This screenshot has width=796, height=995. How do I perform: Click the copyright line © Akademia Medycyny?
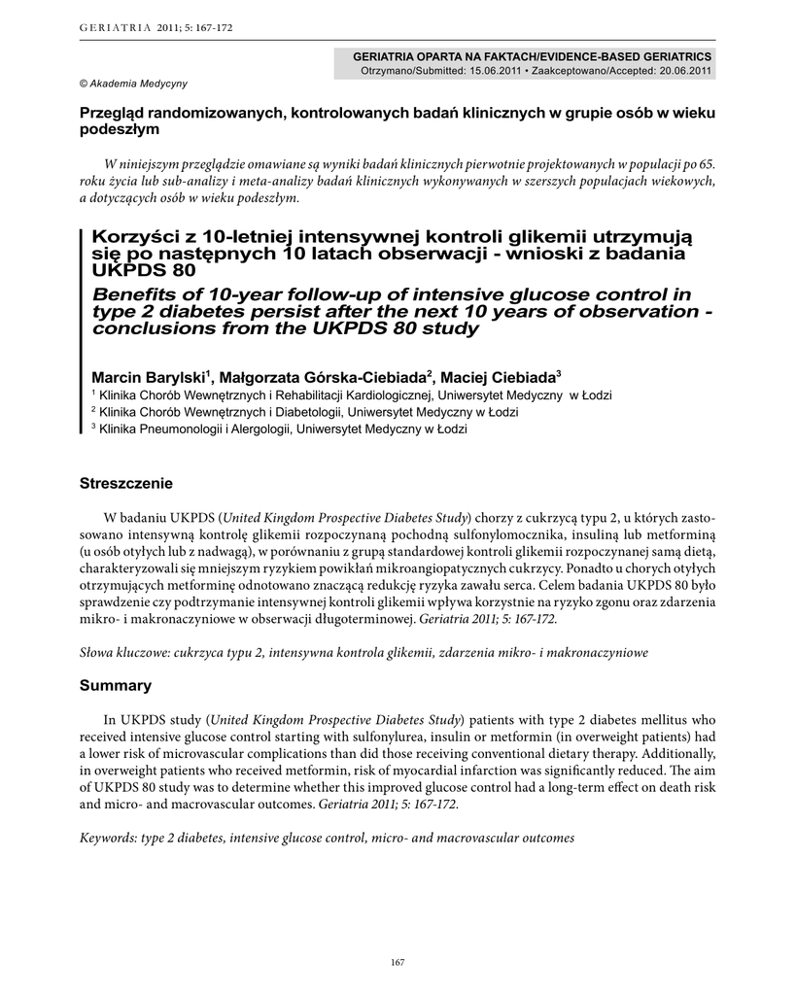pyautogui.click(x=133, y=84)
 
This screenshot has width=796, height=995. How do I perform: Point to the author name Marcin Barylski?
pyautogui.click(x=148, y=377)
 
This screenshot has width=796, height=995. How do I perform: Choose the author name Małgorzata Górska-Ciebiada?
pyautogui.click(x=325, y=377)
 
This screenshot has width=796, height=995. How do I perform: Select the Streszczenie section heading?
pyautogui.click(x=126, y=483)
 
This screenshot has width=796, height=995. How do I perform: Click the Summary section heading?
pyautogui.click(x=115, y=686)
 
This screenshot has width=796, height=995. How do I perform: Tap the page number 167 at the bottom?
pyautogui.click(x=397, y=962)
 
